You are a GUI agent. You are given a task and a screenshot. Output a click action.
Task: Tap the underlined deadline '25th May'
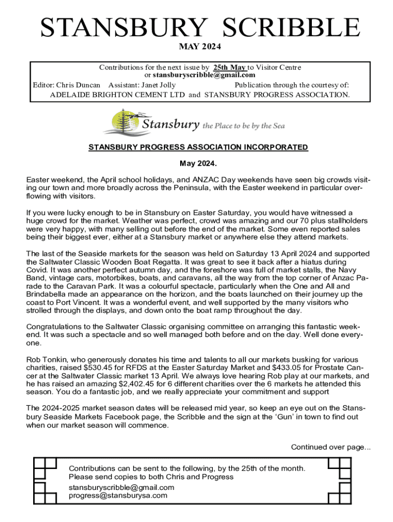[x=229, y=67]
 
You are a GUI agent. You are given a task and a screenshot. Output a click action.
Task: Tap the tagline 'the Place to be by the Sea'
[x=243, y=126]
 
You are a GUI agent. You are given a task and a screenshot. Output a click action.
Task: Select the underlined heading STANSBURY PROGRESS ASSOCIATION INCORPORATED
[x=198, y=147]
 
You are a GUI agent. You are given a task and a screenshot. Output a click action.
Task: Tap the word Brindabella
[x=48, y=294]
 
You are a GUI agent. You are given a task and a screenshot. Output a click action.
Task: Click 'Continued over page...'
[x=331, y=447]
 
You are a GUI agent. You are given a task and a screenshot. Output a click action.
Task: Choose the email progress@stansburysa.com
[x=118, y=495]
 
